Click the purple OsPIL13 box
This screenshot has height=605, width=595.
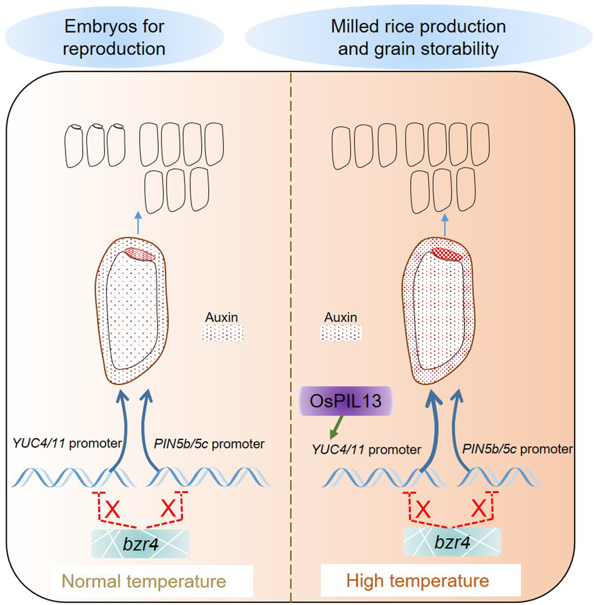pos(346,401)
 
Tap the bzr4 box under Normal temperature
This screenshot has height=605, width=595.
pos(141,544)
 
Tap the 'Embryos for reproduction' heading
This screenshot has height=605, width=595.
pos(114,38)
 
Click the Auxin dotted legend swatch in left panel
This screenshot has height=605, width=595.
pos(222,333)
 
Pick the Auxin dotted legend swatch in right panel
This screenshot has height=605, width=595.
pos(341,333)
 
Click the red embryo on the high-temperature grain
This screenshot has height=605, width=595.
pos(447,254)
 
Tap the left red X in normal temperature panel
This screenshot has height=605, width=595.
pos(112,510)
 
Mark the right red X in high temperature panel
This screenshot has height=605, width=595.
pos(479,508)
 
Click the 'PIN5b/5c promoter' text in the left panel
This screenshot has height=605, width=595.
pos(209,444)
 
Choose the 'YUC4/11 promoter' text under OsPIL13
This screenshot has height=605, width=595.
pos(367,450)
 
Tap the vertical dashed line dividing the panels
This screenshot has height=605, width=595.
pos(291,312)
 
